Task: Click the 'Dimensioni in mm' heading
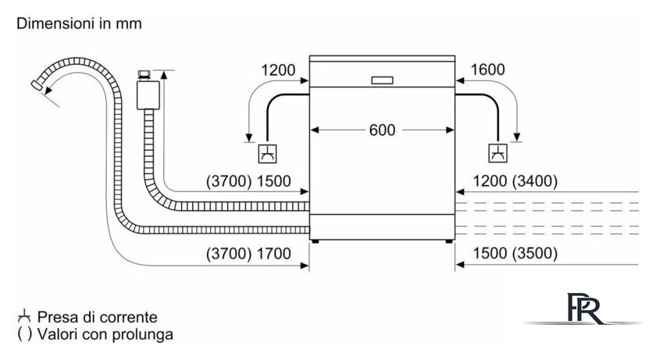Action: click(x=79, y=23)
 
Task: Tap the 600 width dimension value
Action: click(x=382, y=130)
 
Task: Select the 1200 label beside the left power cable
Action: click(x=278, y=70)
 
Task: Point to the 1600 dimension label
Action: click(x=488, y=70)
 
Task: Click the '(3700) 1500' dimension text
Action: click(x=248, y=181)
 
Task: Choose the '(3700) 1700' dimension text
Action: click(x=248, y=253)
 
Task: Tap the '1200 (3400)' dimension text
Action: click(x=515, y=181)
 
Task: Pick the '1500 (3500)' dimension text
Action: click(x=515, y=253)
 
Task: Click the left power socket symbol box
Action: click(x=267, y=154)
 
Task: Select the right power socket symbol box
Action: click(x=498, y=154)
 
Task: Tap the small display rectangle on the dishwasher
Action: click(x=383, y=80)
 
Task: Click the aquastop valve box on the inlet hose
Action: click(x=148, y=95)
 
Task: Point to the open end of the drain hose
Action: click(x=37, y=85)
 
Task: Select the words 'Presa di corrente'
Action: click(x=97, y=317)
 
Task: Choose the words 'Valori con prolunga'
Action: click(x=105, y=334)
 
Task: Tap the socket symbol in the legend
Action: click(x=24, y=316)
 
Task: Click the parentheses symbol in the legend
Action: click(x=24, y=334)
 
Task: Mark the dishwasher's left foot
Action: click(x=316, y=241)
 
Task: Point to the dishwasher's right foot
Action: click(x=449, y=241)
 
